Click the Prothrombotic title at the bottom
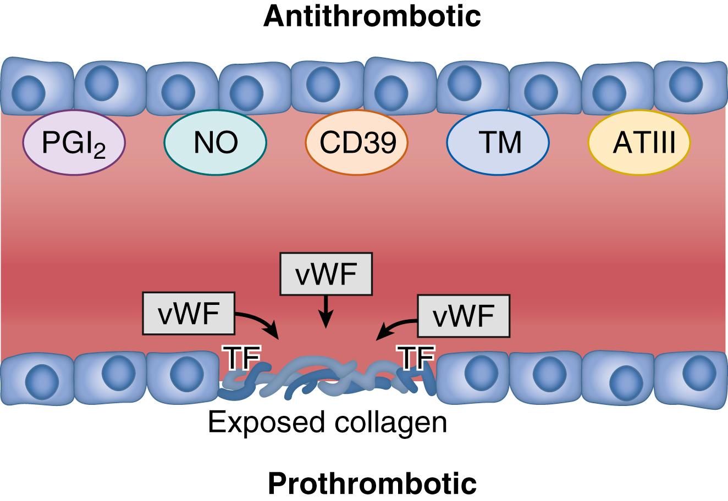(x=372, y=483)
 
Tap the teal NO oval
(x=216, y=143)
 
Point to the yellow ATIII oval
(x=639, y=143)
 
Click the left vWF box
(x=189, y=313)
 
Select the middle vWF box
(x=326, y=274)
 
